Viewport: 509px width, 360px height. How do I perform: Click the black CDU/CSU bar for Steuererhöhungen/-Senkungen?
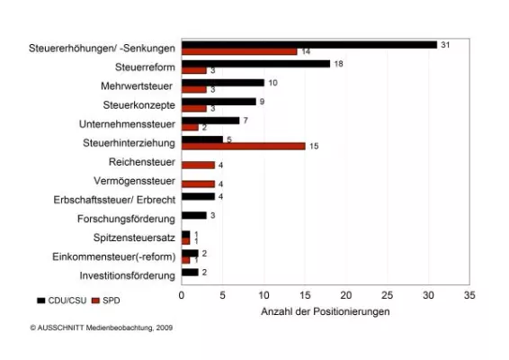coord(308,44)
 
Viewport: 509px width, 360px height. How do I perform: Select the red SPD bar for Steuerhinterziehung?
coord(243,146)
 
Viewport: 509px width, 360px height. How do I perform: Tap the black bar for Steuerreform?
coord(255,64)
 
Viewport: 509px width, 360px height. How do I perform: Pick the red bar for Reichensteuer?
coord(198,165)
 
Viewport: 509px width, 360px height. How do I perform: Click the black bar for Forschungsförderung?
coord(193,215)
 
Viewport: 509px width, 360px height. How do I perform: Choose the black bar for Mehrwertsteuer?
coord(222,83)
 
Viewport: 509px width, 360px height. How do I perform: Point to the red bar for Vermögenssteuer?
coord(198,184)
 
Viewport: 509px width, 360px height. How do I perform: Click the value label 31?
coord(445,44)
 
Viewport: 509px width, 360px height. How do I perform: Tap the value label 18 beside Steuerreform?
coord(338,64)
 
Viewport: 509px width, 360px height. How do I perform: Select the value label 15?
coord(314,146)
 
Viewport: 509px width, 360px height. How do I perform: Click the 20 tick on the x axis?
coord(345,295)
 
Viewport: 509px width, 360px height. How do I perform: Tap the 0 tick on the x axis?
coord(182,295)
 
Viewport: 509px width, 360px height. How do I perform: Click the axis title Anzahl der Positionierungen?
coord(325,311)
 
